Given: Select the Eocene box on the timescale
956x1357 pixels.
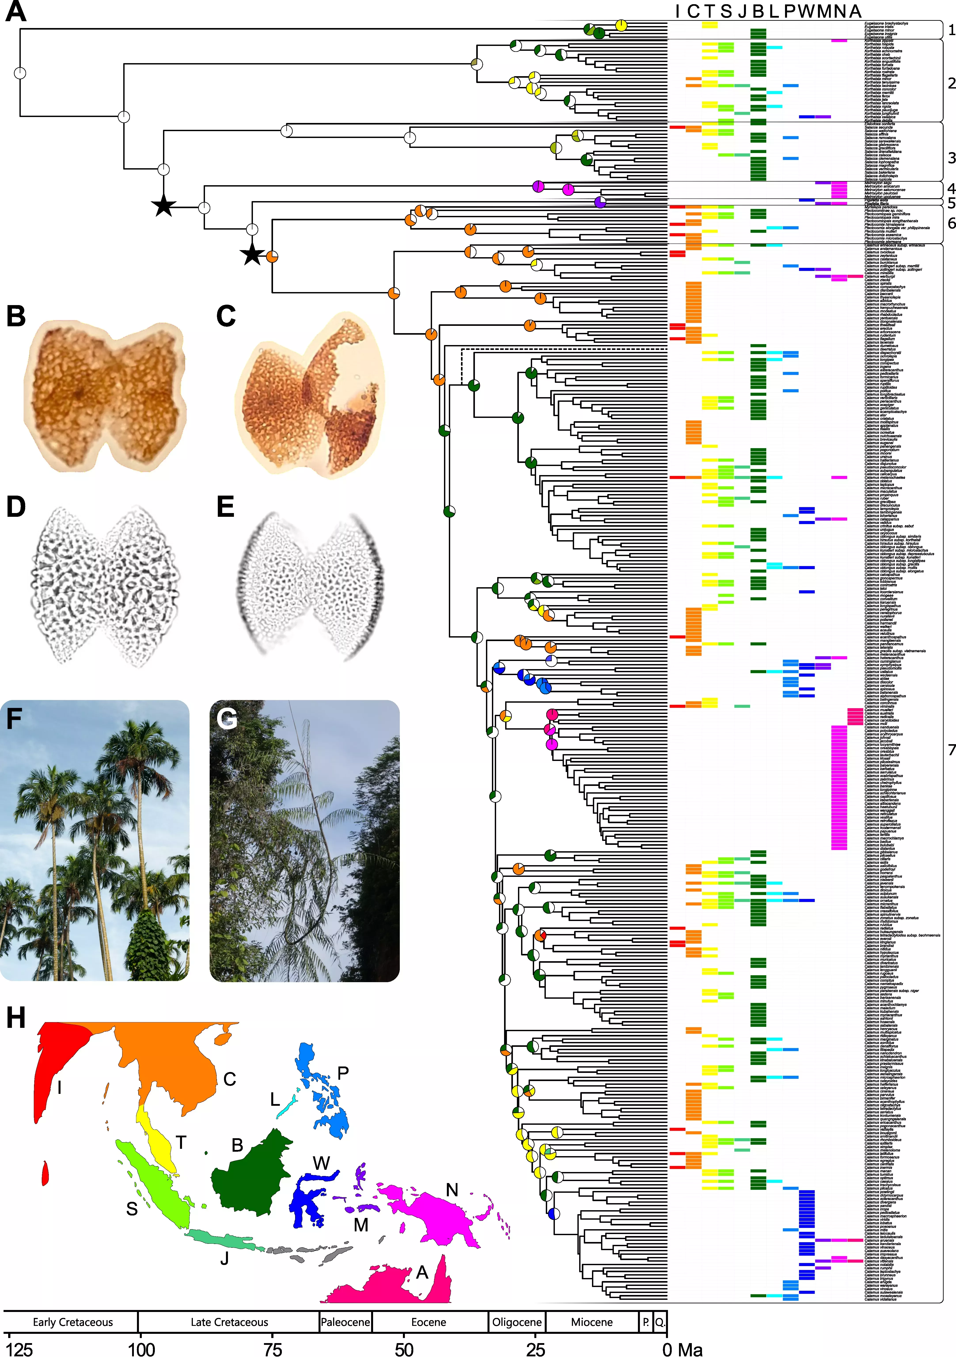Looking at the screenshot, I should (429, 1321).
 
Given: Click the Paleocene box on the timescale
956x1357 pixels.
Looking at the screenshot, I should (345, 1321).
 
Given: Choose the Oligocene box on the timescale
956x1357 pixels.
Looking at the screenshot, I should (517, 1321).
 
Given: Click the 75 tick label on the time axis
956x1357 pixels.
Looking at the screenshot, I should (273, 1349).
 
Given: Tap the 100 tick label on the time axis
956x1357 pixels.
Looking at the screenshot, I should (142, 1349).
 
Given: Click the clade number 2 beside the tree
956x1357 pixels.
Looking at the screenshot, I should (951, 83).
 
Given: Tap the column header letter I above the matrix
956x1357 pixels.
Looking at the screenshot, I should (677, 11).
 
